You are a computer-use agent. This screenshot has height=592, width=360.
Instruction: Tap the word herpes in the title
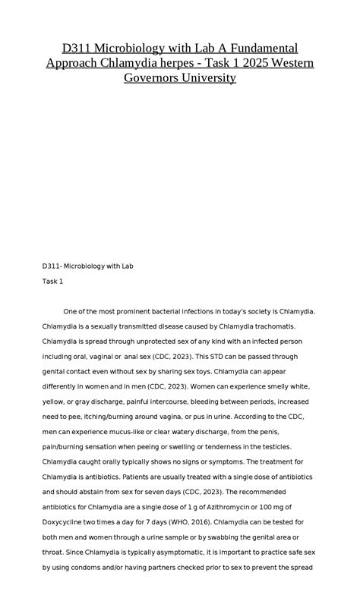point(193,62)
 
